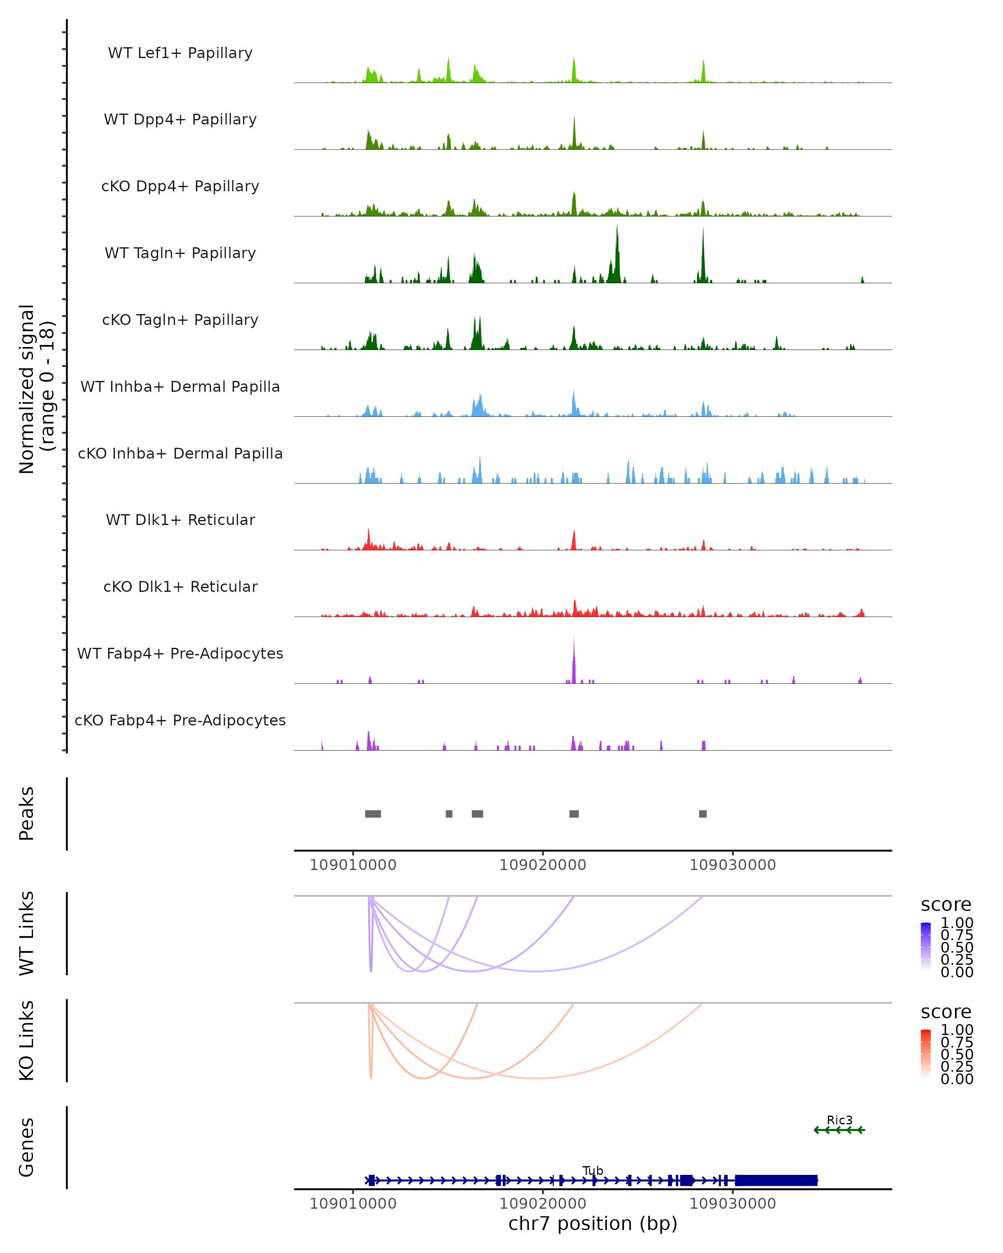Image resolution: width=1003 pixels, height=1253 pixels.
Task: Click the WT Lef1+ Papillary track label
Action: (180, 53)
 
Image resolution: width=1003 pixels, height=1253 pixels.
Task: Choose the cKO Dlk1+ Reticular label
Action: (180, 586)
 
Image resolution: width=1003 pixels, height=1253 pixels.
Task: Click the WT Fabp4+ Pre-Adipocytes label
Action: (180, 653)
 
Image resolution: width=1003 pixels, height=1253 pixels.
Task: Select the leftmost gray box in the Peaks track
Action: (373, 814)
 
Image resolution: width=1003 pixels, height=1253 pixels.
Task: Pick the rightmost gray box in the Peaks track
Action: (703, 814)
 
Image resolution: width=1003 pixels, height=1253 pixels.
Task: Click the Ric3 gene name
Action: (840, 1120)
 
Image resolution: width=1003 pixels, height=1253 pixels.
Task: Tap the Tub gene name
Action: (593, 1170)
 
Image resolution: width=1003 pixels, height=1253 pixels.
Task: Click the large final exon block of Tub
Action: (776, 1180)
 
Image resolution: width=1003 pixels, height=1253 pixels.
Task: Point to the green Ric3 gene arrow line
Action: (839, 1130)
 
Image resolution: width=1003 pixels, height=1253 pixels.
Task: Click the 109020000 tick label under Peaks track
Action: (542, 865)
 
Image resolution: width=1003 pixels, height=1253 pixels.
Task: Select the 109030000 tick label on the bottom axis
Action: (733, 1204)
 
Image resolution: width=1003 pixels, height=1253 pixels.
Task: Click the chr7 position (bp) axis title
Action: (593, 1224)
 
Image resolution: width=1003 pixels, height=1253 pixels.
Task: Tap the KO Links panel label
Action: (27, 1041)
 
